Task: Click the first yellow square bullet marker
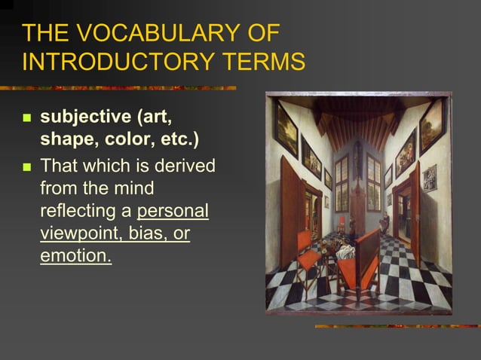[x=27, y=119]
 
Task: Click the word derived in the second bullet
[x=188, y=164]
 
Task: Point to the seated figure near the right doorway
[x=384, y=223]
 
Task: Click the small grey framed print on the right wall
[x=429, y=178]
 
